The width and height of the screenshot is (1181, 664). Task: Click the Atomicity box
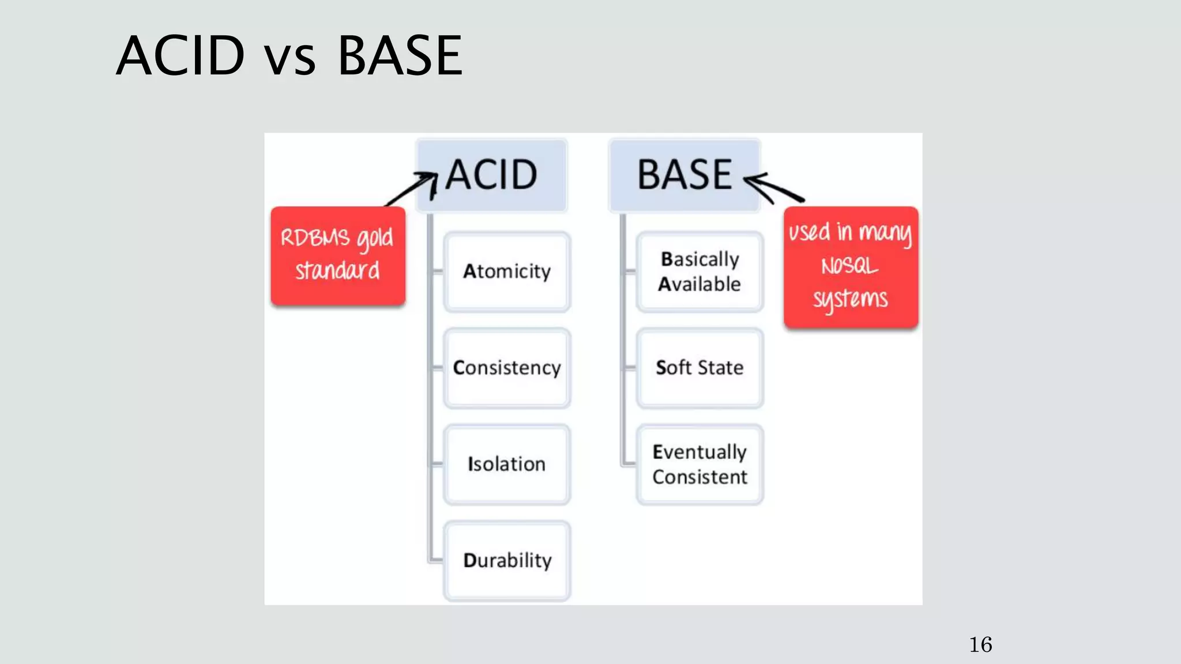(507, 271)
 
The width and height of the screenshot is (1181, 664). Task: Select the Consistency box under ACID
(507, 368)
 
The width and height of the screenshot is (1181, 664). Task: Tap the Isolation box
(507, 464)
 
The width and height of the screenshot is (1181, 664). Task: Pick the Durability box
(507, 560)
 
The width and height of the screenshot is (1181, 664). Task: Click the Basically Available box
(699, 271)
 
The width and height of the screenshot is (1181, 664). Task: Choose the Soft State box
(699, 368)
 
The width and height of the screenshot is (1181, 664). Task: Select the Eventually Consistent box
(699, 464)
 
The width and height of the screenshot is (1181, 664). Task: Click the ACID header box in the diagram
(491, 175)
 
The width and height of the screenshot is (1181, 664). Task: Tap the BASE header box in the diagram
(684, 175)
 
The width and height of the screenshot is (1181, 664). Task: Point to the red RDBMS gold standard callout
(338, 255)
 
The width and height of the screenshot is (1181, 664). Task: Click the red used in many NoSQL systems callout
(851, 267)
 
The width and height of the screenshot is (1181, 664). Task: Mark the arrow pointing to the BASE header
(773, 188)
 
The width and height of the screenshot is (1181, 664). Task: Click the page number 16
(980, 644)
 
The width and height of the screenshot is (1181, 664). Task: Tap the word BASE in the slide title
(400, 56)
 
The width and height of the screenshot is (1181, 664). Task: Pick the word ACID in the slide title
(180, 56)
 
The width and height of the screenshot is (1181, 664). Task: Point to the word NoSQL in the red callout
(849, 266)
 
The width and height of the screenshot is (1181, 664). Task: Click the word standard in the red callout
(338, 270)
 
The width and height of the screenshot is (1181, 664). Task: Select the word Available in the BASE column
(699, 284)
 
